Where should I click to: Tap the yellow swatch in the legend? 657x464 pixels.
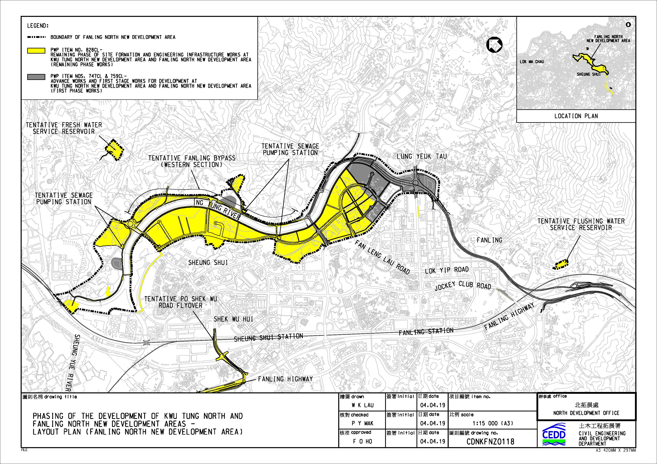point(36,51)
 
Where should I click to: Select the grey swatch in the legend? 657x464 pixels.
point(36,77)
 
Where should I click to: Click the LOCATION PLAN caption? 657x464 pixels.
point(576,116)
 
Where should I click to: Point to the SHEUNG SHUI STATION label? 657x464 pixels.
point(268,338)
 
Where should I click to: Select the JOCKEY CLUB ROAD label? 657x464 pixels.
point(463,285)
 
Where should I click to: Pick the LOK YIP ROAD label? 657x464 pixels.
point(447,270)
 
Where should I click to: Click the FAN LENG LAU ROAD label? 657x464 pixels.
point(383,257)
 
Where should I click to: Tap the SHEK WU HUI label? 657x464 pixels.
point(234,319)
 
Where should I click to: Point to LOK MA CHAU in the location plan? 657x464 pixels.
point(532,62)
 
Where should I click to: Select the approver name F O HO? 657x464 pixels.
point(362,441)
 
